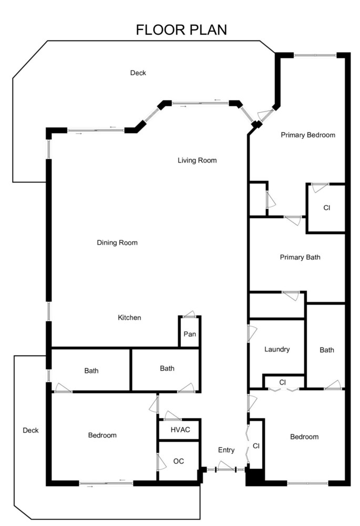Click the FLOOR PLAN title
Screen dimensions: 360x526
click(x=181, y=30)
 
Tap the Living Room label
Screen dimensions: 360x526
click(x=197, y=160)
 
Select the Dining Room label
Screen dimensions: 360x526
click(x=117, y=242)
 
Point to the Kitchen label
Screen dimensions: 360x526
click(x=129, y=317)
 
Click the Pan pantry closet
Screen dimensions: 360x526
click(x=190, y=332)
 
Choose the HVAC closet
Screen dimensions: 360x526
click(x=179, y=429)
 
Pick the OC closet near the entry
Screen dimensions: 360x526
click(x=179, y=461)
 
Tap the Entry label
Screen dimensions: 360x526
click(x=227, y=450)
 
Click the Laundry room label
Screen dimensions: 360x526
click(x=277, y=349)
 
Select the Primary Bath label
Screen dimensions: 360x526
click(x=300, y=257)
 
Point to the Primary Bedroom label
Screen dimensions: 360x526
click(x=308, y=135)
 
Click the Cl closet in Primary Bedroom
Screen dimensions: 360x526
click(x=326, y=208)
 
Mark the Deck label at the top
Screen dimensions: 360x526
click(x=138, y=73)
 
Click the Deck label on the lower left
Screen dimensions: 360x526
click(x=30, y=430)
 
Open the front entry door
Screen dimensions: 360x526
click(x=225, y=467)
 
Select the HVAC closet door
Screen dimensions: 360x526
click(x=172, y=416)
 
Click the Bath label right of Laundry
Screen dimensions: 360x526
click(x=327, y=350)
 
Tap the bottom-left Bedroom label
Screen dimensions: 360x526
click(x=102, y=435)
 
